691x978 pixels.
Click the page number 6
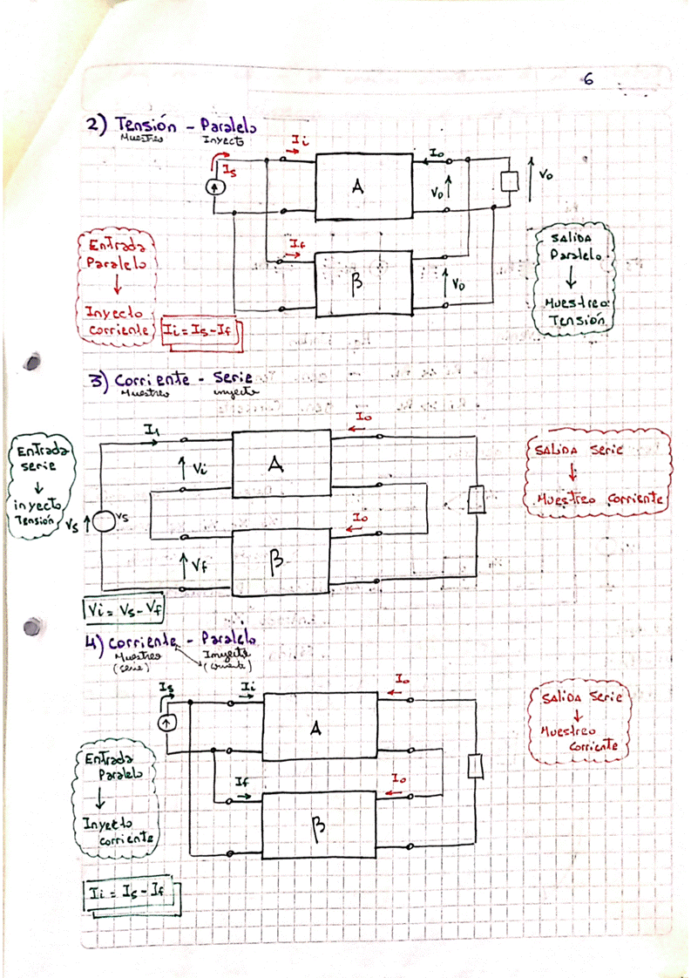[x=588, y=79]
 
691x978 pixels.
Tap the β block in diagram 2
[x=363, y=280]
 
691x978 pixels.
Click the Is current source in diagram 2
[x=211, y=186]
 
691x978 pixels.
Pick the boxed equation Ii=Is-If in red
[x=201, y=330]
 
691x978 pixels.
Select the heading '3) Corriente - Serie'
[x=171, y=380]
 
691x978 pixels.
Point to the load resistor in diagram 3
[x=476, y=500]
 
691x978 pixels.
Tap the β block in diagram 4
[x=320, y=825]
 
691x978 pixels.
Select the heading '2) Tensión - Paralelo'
[x=171, y=127]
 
